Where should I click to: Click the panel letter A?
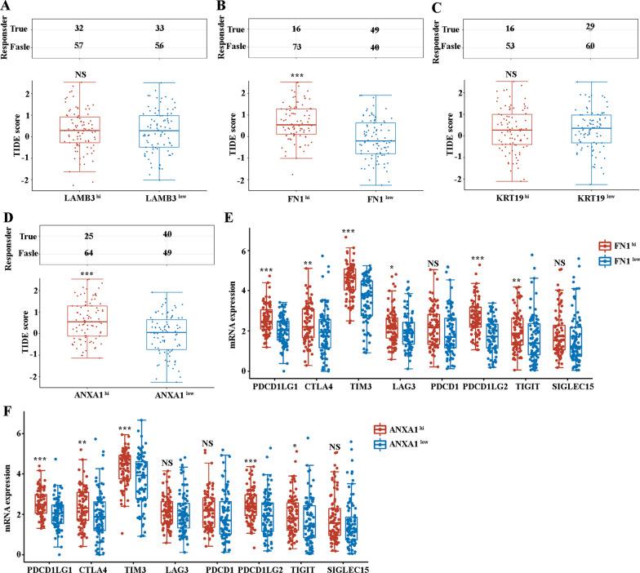7,7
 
